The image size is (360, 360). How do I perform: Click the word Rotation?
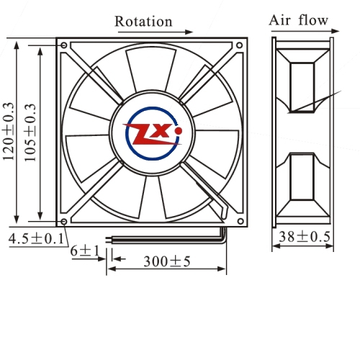pyautogui.click(x=143, y=22)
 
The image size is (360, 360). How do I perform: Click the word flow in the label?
pyautogui.click(x=313, y=19)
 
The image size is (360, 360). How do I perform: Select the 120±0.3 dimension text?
pyautogui.click(x=9, y=132)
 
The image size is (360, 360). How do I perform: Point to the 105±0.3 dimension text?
pyautogui.click(x=30, y=132)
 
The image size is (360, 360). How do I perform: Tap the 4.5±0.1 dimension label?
pyautogui.click(x=37, y=239)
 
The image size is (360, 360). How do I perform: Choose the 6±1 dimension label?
pyautogui.click(x=85, y=251)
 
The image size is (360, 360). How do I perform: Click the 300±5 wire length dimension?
pyautogui.click(x=167, y=261)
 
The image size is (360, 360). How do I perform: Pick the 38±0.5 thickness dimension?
pyautogui.click(x=305, y=237)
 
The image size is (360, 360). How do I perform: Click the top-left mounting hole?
pyautogui.click(x=64, y=45)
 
